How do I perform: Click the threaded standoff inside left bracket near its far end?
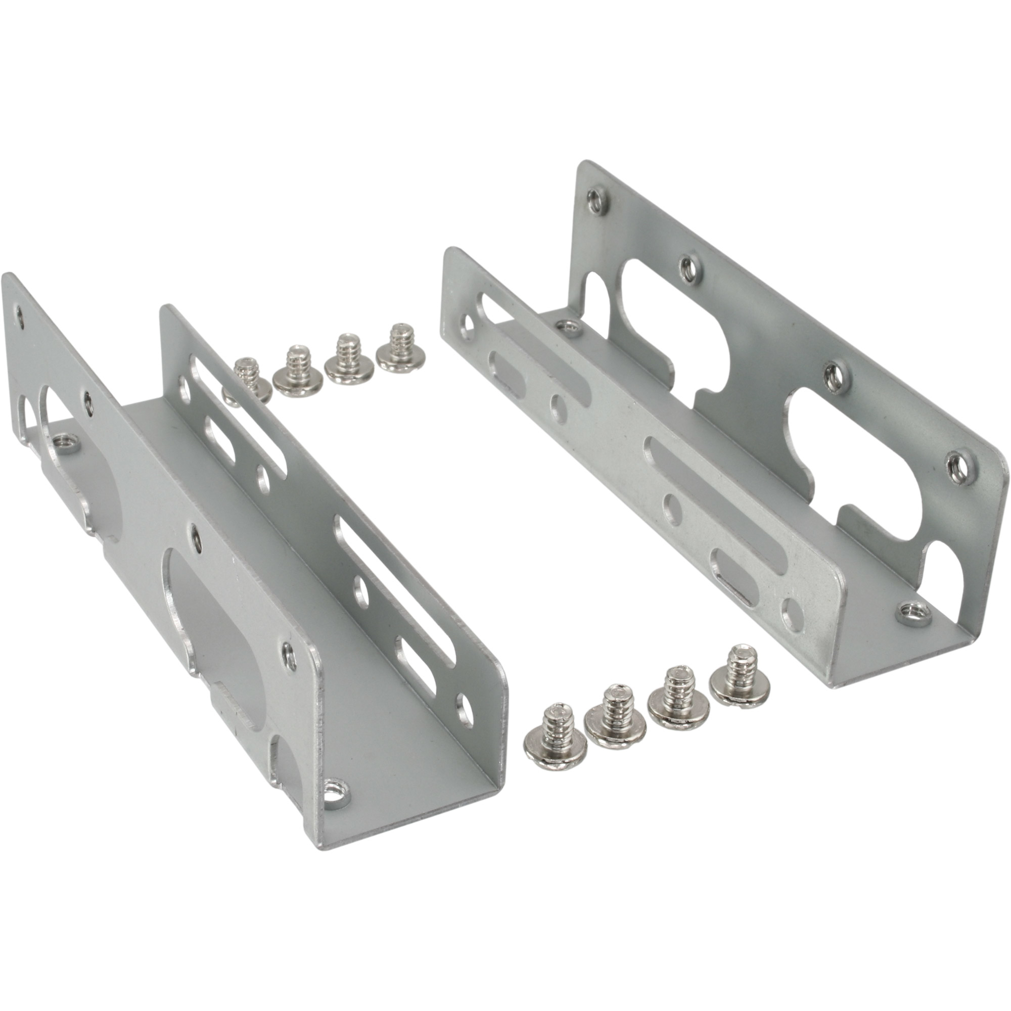coord(65,444)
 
